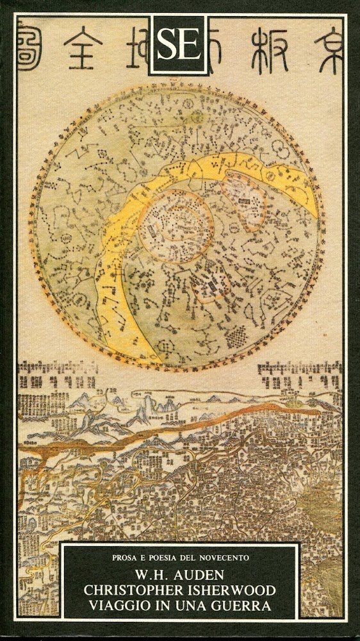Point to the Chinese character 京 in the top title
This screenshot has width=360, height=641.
[325, 46]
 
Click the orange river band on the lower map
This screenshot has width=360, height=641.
[192, 419]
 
